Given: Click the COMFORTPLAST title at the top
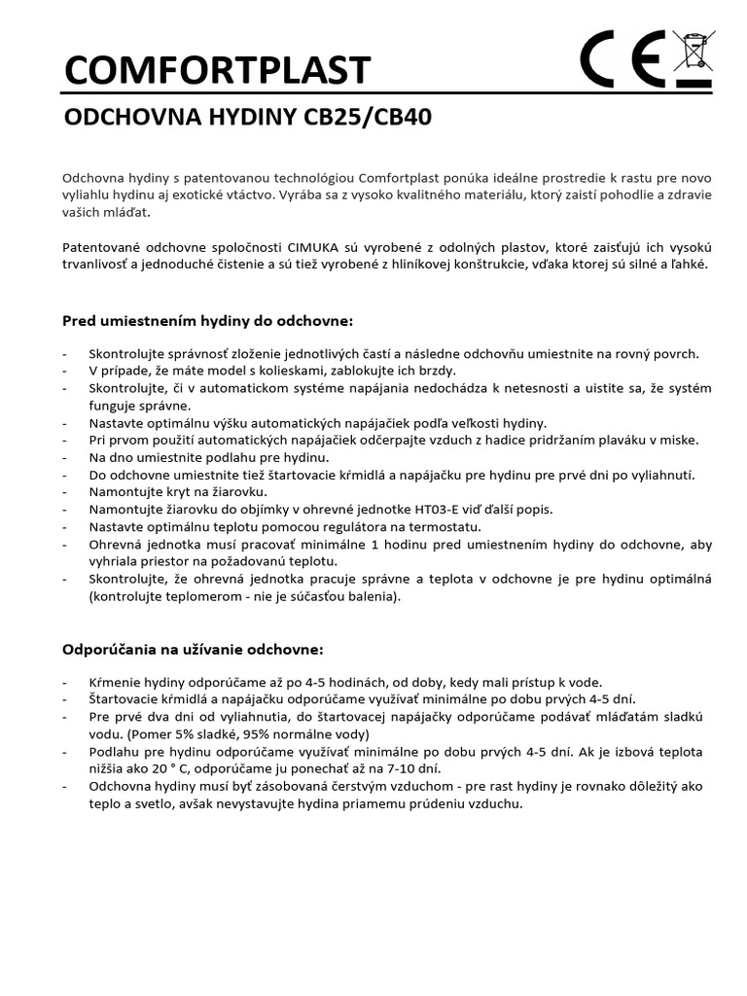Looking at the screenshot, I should click(217, 71).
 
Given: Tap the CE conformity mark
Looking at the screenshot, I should click(623, 59).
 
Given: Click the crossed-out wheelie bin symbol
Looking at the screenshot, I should click(693, 59).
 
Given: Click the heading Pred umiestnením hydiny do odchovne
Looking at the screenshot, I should click(208, 321).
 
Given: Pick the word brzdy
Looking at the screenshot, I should click(436, 371).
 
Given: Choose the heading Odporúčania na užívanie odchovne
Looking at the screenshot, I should click(193, 648).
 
